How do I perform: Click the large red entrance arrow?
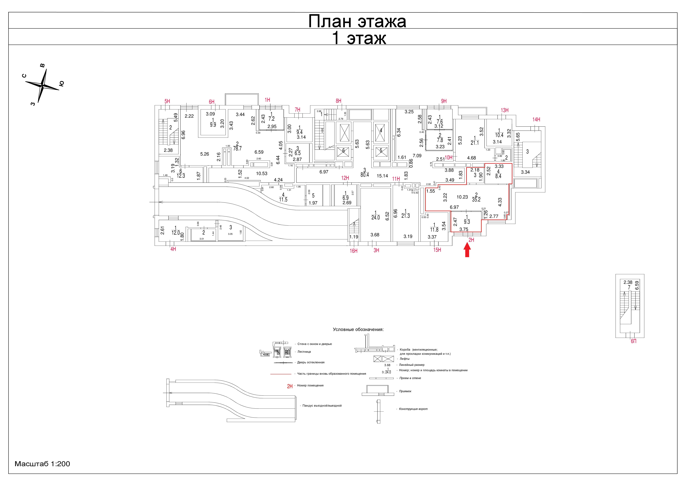click(x=467, y=250)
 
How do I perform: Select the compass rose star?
click(x=43, y=86)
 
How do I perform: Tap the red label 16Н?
click(x=353, y=251)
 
